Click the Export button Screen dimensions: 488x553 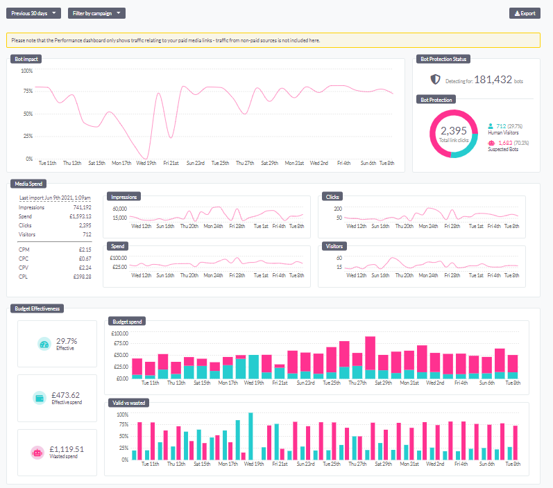click(x=524, y=13)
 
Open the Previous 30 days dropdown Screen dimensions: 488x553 click(x=33, y=13)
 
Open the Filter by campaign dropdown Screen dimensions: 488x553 click(x=96, y=13)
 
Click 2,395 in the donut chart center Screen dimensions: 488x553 click(x=454, y=130)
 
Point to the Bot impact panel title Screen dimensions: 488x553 click(x=26, y=59)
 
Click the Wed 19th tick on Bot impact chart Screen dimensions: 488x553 click(x=146, y=164)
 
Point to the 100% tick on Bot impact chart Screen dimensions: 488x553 click(x=27, y=71)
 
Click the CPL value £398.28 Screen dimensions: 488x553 click(x=82, y=277)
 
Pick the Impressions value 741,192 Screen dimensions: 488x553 click(x=81, y=207)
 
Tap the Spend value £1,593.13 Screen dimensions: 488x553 click(x=81, y=216)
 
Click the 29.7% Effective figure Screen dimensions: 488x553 click(x=66, y=341)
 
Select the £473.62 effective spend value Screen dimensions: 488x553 click(x=66, y=395)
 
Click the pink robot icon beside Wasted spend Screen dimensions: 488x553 click(x=37, y=451)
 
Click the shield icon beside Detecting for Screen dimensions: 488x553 click(x=435, y=80)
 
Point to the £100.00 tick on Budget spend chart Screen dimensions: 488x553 click(x=119, y=333)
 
